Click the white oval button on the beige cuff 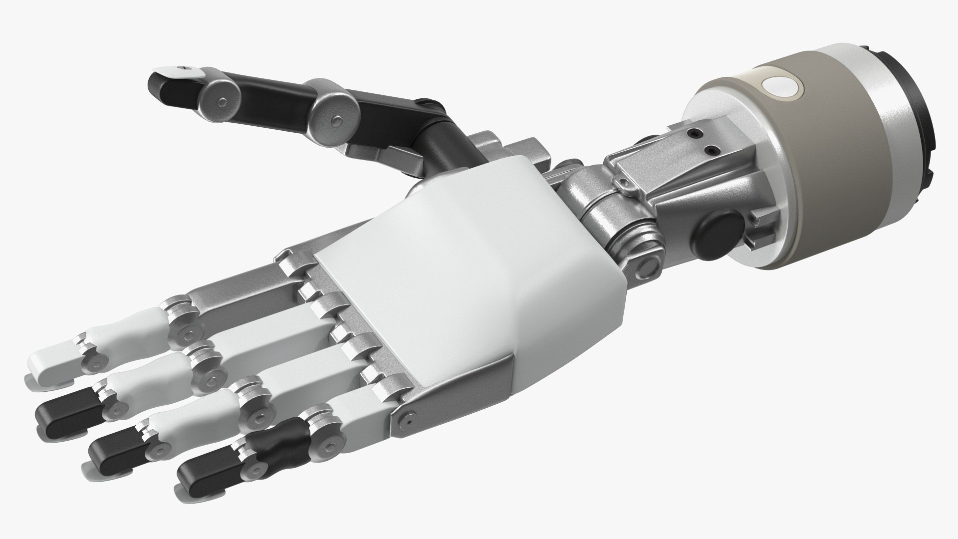(x=781, y=88)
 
